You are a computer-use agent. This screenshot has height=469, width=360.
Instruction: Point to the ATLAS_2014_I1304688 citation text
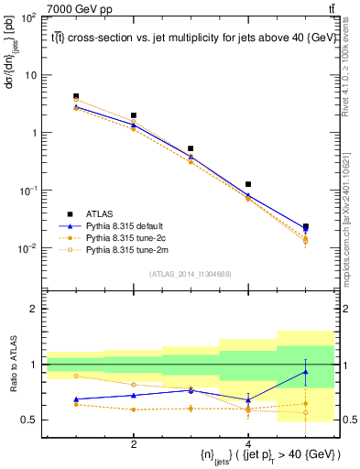191,273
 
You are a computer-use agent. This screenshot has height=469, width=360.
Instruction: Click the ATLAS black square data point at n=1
76,96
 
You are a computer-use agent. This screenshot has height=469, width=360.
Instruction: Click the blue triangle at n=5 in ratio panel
305,371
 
